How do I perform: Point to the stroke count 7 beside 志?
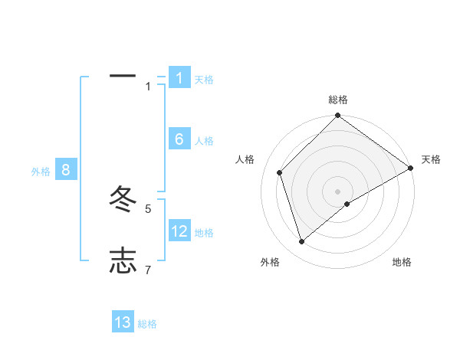[148, 270]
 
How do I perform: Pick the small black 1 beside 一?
[148, 87]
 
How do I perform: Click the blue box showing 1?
[179, 77]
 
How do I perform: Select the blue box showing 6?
[179, 139]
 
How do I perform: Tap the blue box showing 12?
[179, 231]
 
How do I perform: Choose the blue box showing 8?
[66, 169]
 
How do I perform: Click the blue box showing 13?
[123, 322]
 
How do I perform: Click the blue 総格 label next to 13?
[147, 324]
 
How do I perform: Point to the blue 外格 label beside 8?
[41, 172]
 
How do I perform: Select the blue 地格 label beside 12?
[204, 233]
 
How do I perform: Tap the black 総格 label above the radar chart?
[338, 100]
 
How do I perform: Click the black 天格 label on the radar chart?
[431, 159]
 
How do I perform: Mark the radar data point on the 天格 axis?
[410, 168]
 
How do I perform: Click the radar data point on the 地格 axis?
[347, 204]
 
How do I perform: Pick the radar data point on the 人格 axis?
[280, 172]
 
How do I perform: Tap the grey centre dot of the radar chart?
[338, 191]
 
